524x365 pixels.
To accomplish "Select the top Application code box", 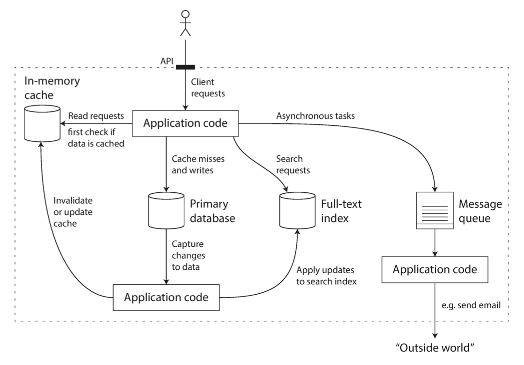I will [186, 124].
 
